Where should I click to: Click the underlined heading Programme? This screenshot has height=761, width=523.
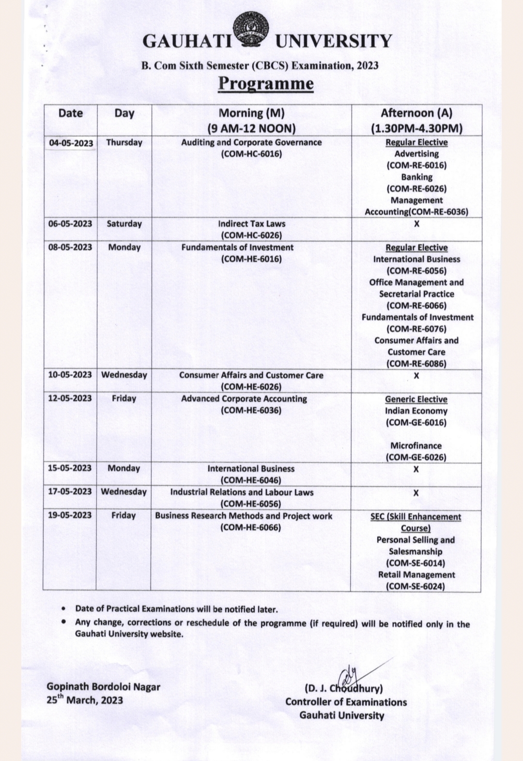point(265,83)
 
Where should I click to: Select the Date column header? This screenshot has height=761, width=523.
point(70,113)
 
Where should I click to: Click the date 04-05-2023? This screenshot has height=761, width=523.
point(71,143)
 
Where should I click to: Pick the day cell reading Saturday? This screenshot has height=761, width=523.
point(124,224)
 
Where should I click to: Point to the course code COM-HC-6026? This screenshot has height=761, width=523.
point(251,235)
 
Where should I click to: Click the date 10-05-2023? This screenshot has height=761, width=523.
point(70,375)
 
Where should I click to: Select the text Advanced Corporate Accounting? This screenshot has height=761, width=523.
point(244,399)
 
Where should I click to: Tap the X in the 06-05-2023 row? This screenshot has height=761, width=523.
point(416,224)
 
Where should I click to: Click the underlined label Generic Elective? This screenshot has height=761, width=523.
point(416,399)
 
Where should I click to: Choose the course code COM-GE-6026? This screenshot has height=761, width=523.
point(416,457)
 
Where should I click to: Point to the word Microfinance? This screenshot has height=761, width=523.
point(416,445)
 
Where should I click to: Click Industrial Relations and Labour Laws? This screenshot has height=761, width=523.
point(242,492)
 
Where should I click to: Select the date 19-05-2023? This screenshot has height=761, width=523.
point(70,515)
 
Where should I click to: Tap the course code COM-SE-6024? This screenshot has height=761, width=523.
point(415,586)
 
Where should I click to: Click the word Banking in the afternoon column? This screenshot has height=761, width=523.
point(416,177)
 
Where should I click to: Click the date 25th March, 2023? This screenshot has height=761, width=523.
point(85,700)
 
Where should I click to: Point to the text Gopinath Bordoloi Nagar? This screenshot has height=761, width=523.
point(103,686)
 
